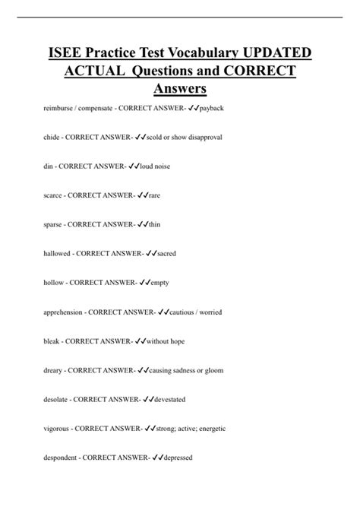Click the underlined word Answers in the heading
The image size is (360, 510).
(x=180, y=90)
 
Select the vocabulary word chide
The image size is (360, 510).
(x=53, y=138)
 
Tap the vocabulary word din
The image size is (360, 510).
(x=50, y=166)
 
